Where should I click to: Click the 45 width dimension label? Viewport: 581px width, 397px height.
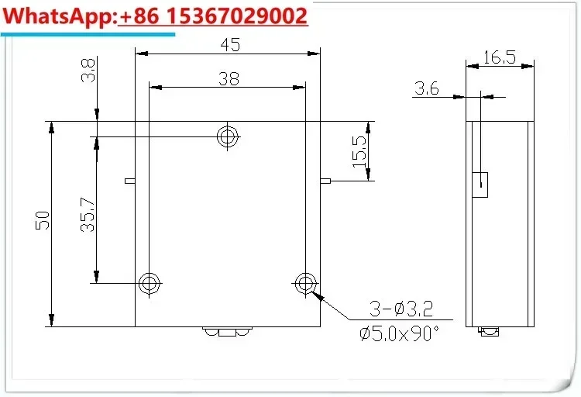click(230, 44)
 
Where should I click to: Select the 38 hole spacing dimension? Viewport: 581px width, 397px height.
click(229, 78)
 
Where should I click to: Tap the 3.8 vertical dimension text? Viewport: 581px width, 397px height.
click(88, 70)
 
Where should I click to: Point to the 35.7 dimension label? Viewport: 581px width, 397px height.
click(88, 215)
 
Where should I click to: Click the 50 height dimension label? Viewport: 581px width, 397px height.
click(43, 220)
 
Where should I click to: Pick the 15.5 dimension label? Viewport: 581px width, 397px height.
click(359, 151)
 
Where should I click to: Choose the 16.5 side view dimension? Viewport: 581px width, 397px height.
click(500, 57)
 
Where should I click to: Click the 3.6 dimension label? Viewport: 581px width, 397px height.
click(427, 88)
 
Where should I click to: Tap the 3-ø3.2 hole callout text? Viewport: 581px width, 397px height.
click(401, 309)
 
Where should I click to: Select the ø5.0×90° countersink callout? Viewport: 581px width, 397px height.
click(399, 333)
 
